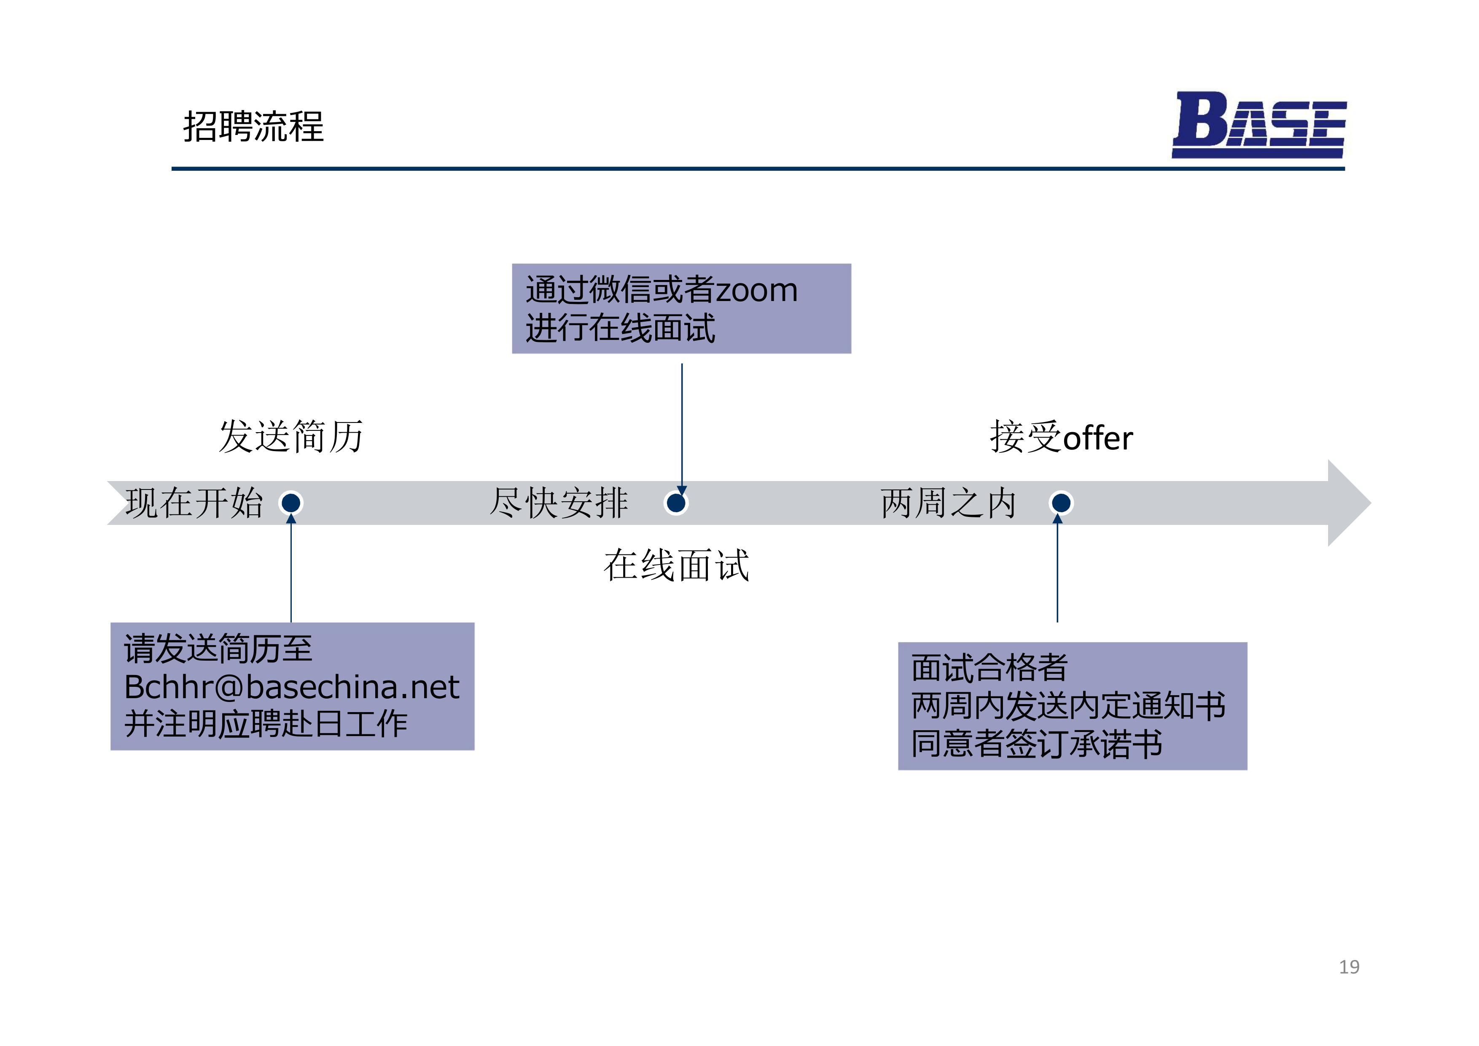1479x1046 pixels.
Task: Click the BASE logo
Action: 1259,124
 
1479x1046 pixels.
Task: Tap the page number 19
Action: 1349,967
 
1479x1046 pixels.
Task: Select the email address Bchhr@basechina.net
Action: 292,687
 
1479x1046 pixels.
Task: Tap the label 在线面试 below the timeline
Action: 676,565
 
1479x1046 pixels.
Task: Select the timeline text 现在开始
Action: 194,503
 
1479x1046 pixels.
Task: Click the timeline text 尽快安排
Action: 559,503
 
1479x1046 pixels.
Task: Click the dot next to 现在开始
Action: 291,503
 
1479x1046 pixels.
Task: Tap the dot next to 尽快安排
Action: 676,503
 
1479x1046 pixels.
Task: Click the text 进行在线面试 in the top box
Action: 620,328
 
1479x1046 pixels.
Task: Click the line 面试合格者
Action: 990,667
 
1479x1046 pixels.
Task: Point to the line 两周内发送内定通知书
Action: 1068,705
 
